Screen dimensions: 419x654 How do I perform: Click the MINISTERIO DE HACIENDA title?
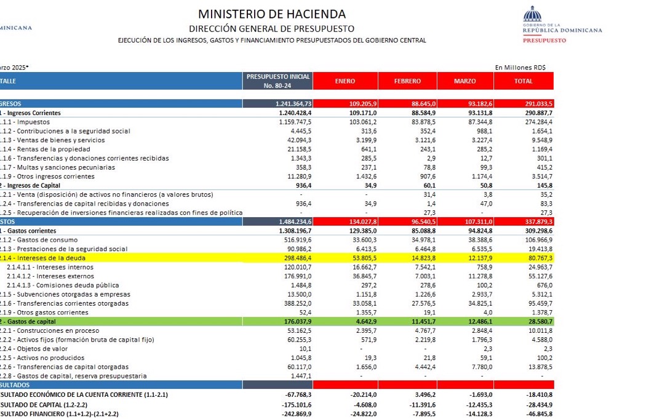[271, 14]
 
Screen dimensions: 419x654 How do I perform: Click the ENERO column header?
[345, 81]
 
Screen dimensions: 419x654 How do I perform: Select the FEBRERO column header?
[407, 81]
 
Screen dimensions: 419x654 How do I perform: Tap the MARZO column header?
[465, 81]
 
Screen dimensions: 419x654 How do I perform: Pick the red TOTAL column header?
[523, 81]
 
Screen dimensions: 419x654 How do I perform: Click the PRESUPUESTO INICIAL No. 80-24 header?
[277, 81]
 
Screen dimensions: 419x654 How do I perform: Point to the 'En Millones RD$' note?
[520, 67]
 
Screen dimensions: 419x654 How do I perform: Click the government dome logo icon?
[532, 14]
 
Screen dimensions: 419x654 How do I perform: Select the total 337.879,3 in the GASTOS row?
[535, 221]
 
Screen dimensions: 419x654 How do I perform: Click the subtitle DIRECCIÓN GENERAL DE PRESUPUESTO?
[271, 28]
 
